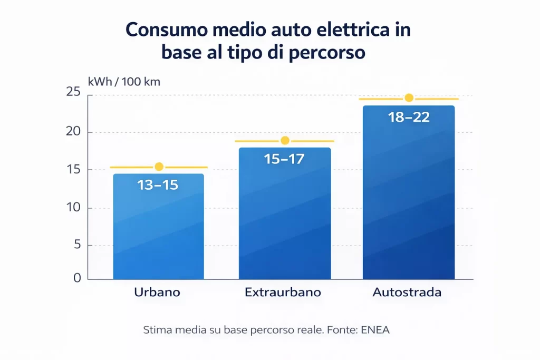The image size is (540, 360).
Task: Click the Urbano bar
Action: point(158,232)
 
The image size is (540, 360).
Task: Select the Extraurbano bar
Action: point(285,221)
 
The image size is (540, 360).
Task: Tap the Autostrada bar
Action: point(409,200)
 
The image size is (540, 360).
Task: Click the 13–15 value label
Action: point(158,185)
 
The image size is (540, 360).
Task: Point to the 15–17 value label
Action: point(284,159)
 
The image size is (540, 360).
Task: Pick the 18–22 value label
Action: point(409,117)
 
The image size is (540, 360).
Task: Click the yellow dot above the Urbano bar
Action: point(159,167)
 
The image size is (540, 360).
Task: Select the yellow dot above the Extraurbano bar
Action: point(285,140)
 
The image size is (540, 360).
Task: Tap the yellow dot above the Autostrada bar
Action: point(409,98)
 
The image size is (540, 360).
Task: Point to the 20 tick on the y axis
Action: point(73,132)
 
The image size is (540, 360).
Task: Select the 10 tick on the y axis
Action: point(73,207)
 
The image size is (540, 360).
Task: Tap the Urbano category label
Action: point(157,293)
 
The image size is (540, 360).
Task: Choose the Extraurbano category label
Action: point(283,293)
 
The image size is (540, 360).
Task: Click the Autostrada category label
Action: point(407,293)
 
